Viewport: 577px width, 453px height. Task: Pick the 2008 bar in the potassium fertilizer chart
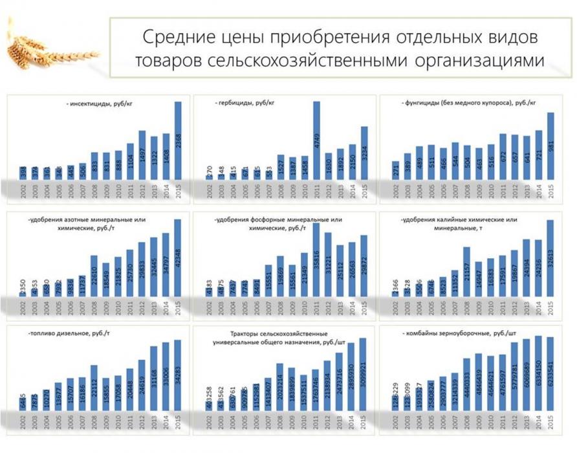pos(466,272)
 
